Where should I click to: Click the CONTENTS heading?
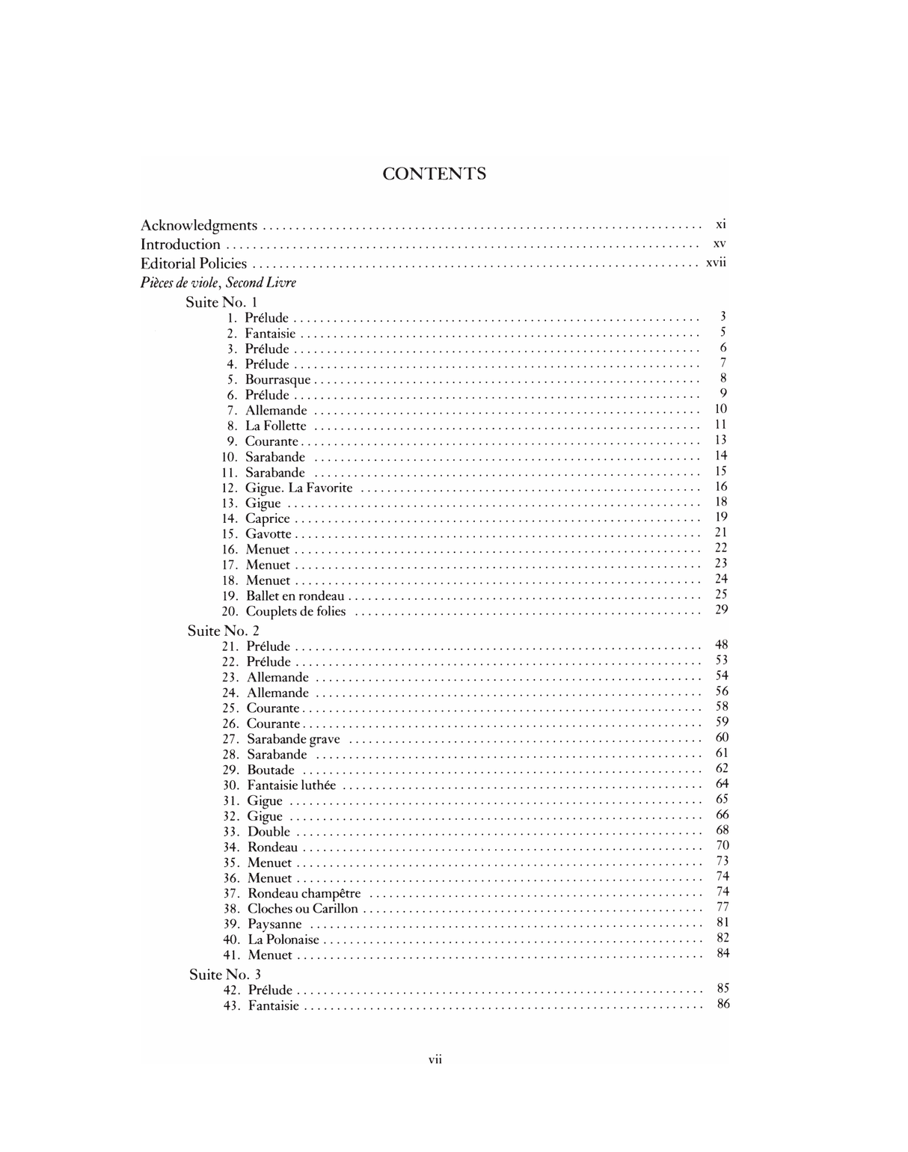click(434, 174)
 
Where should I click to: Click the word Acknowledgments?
click(199, 225)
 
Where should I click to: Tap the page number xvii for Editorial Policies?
click(716, 263)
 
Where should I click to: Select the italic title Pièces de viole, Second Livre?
click(218, 283)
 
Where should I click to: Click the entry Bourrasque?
click(277, 380)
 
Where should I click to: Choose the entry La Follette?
click(275, 426)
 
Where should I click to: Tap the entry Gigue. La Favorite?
click(298, 488)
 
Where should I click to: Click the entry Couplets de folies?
click(295, 611)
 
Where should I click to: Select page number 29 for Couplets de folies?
click(721, 610)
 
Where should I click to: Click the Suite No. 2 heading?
click(223, 631)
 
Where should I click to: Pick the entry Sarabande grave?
click(293, 739)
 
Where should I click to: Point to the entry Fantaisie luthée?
click(291, 785)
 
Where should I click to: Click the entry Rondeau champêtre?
click(304, 893)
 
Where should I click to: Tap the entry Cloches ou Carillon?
click(302, 909)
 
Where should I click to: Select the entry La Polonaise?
click(283, 940)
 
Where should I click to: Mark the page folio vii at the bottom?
click(435, 1059)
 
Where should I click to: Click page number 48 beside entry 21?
click(722, 645)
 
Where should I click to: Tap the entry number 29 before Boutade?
click(230, 770)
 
